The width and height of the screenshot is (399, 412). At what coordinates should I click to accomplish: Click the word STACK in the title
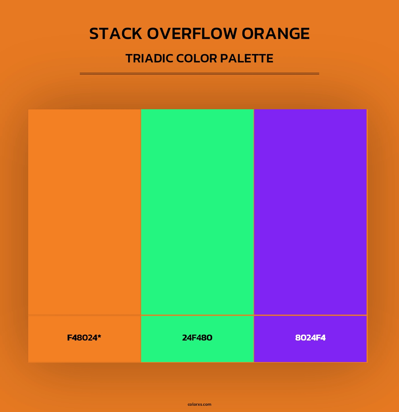coord(116,34)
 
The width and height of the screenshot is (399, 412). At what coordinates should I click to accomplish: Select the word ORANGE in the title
coord(276,34)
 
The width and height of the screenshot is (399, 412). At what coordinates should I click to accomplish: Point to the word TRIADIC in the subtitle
coord(149,58)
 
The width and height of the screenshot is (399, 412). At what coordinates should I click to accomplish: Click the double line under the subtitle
coord(199,74)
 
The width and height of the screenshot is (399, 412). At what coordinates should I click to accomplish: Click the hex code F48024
coord(82,338)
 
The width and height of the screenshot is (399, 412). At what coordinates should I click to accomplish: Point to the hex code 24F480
coord(197,338)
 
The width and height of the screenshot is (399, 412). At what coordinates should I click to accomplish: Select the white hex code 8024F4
coord(310,338)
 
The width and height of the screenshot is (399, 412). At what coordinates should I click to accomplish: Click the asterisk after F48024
coord(99,336)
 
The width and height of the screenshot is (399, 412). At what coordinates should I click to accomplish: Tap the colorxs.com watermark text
coord(199,404)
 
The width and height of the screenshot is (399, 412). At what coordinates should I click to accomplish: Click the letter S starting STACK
coord(94,34)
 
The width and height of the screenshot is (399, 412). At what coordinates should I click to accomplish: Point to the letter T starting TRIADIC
coord(129,58)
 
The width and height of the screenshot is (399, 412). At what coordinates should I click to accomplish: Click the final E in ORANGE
coord(305,34)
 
